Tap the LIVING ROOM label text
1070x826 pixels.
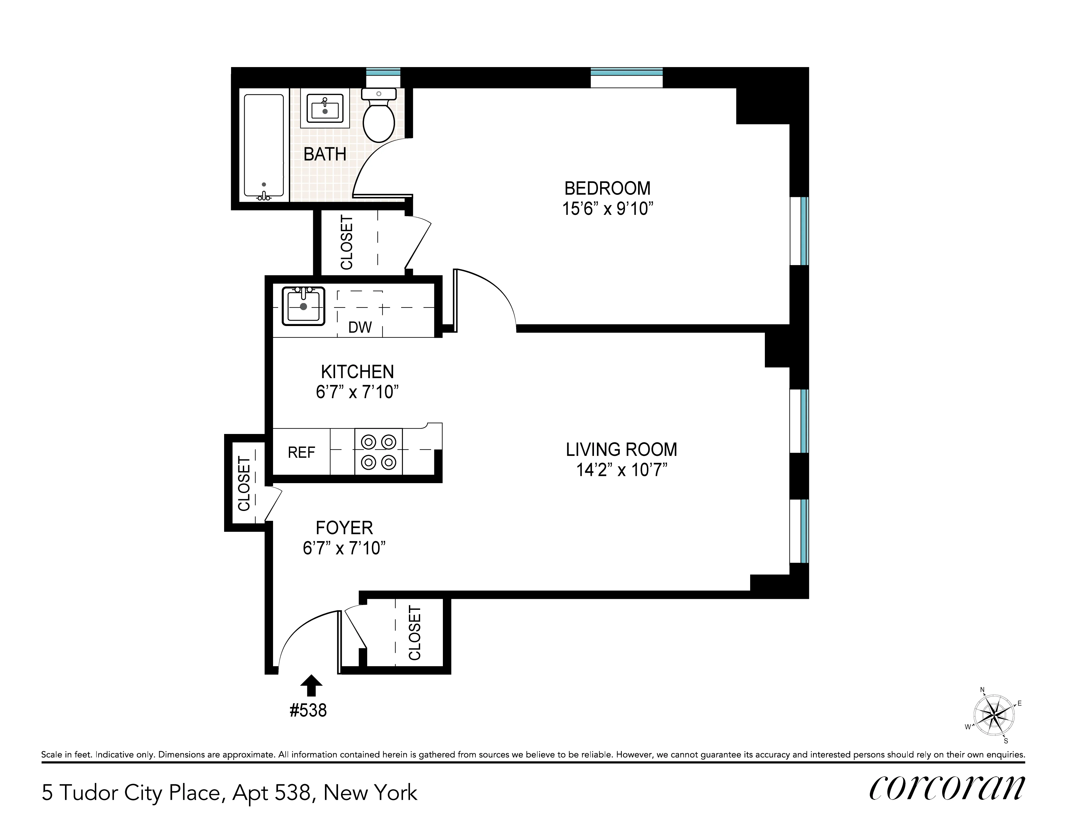pos(621,449)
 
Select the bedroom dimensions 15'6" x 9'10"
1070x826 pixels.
pos(608,209)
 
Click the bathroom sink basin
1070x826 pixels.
pos(325,109)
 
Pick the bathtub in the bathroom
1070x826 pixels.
pos(264,147)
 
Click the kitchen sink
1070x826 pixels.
pos(303,306)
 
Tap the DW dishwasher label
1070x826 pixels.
pos(360,327)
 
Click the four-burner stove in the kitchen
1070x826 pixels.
pos(378,452)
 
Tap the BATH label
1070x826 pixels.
pos(325,154)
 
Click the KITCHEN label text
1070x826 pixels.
pos(357,372)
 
